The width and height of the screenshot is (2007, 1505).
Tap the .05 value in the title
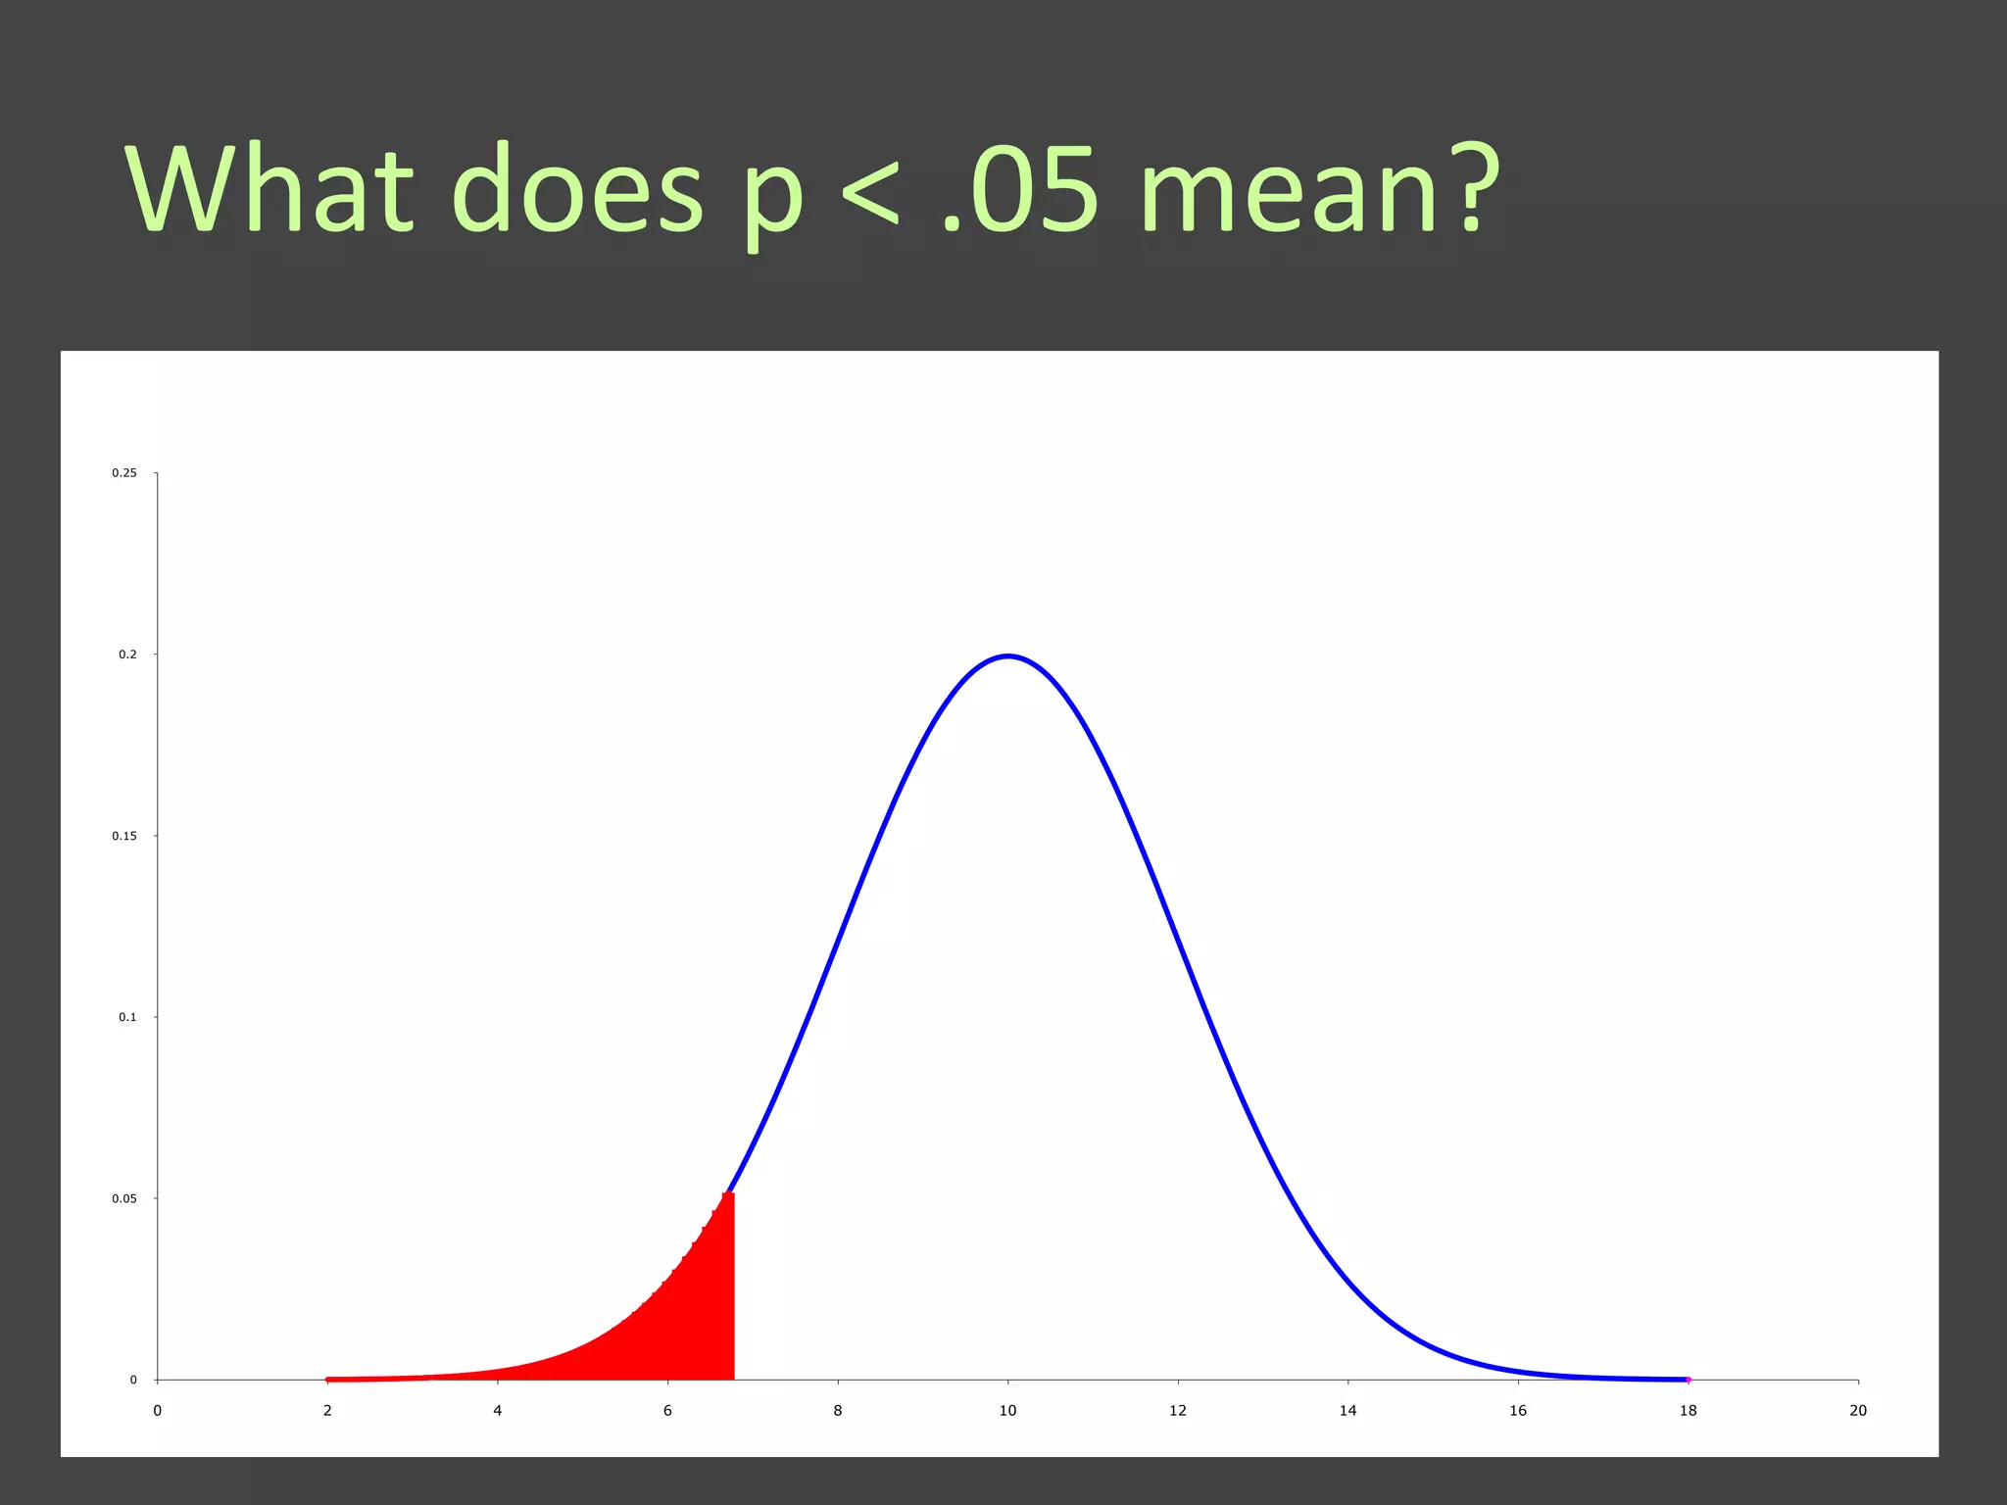pyautogui.click(x=1019, y=188)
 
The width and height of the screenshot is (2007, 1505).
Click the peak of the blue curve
pyautogui.click(x=1008, y=656)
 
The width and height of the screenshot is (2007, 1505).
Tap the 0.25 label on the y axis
pyautogui.click(x=124, y=473)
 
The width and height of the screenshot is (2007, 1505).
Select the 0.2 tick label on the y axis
pyautogui.click(x=127, y=655)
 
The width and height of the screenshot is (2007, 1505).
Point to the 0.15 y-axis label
pyautogui.click(x=124, y=836)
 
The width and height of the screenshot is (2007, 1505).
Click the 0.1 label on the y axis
pyautogui.click(x=127, y=1017)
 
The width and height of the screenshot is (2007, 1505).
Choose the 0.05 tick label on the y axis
pyautogui.click(x=124, y=1198)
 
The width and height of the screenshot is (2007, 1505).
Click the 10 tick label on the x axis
pyautogui.click(x=1007, y=1411)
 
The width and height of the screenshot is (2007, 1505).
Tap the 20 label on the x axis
pyautogui.click(x=1858, y=1411)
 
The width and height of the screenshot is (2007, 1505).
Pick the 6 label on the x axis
pyautogui.click(x=667, y=1411)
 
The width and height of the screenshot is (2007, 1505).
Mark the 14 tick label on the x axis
pyautogui.click(x=1347, y=1411)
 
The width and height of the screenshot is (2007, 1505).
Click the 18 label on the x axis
pyautogui.click(x=1688, y=1411)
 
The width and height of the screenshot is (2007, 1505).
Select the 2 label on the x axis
pyautogui.click(x=327, y=1411)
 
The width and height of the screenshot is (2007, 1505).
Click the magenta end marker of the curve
pyautogui.click(x=1689, y=1380)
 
